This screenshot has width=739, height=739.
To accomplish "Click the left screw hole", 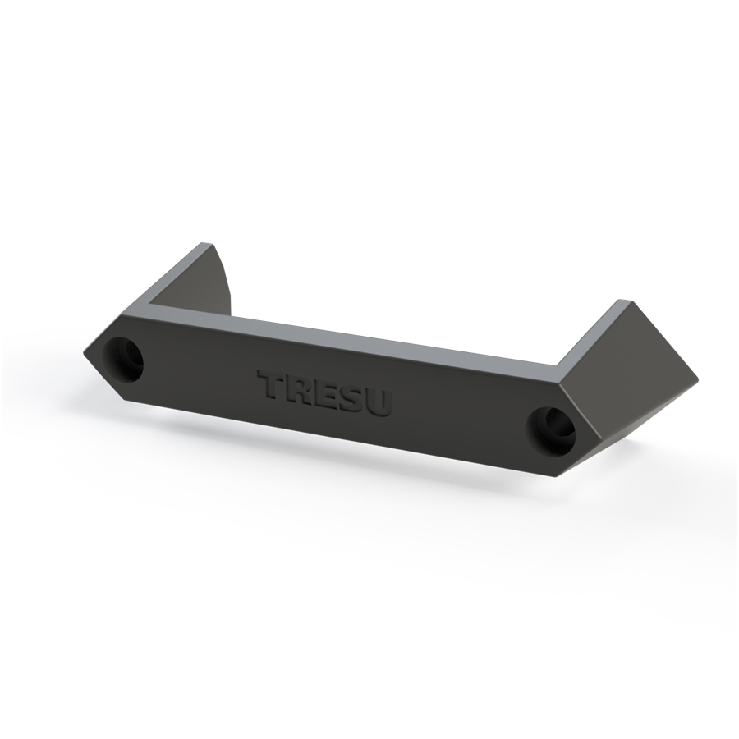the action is [123, 360].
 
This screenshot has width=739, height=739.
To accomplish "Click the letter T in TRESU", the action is [269, 384].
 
